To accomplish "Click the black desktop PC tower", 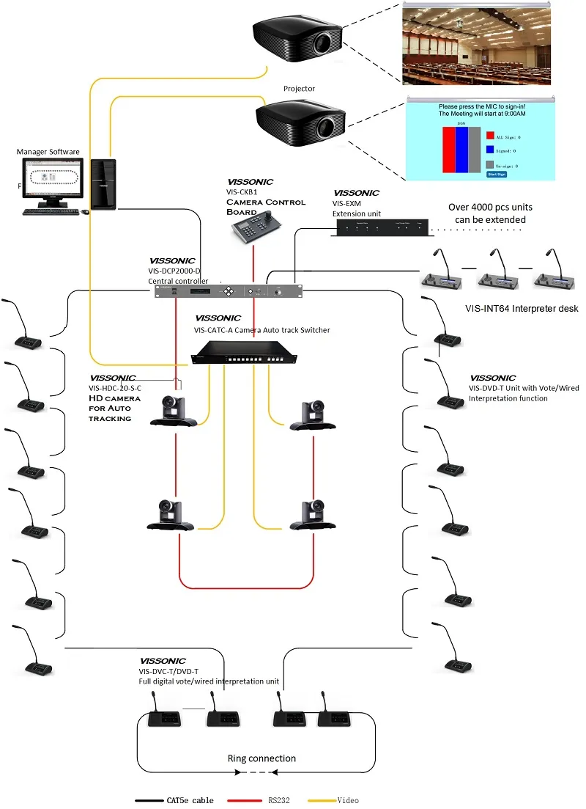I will [x=103, y=184].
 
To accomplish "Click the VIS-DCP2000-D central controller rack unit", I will [x=228, y=291].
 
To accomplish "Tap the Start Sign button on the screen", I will [x=497, y=174].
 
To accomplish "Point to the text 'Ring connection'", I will [x=262, y=758].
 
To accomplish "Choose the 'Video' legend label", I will [x=348, y=800].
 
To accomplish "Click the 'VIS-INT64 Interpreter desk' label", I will [x=521, y=309].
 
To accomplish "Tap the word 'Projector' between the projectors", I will [x=299, y=89].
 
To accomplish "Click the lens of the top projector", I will [x=323, y=44].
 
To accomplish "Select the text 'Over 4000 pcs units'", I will [x=491, y=207].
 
